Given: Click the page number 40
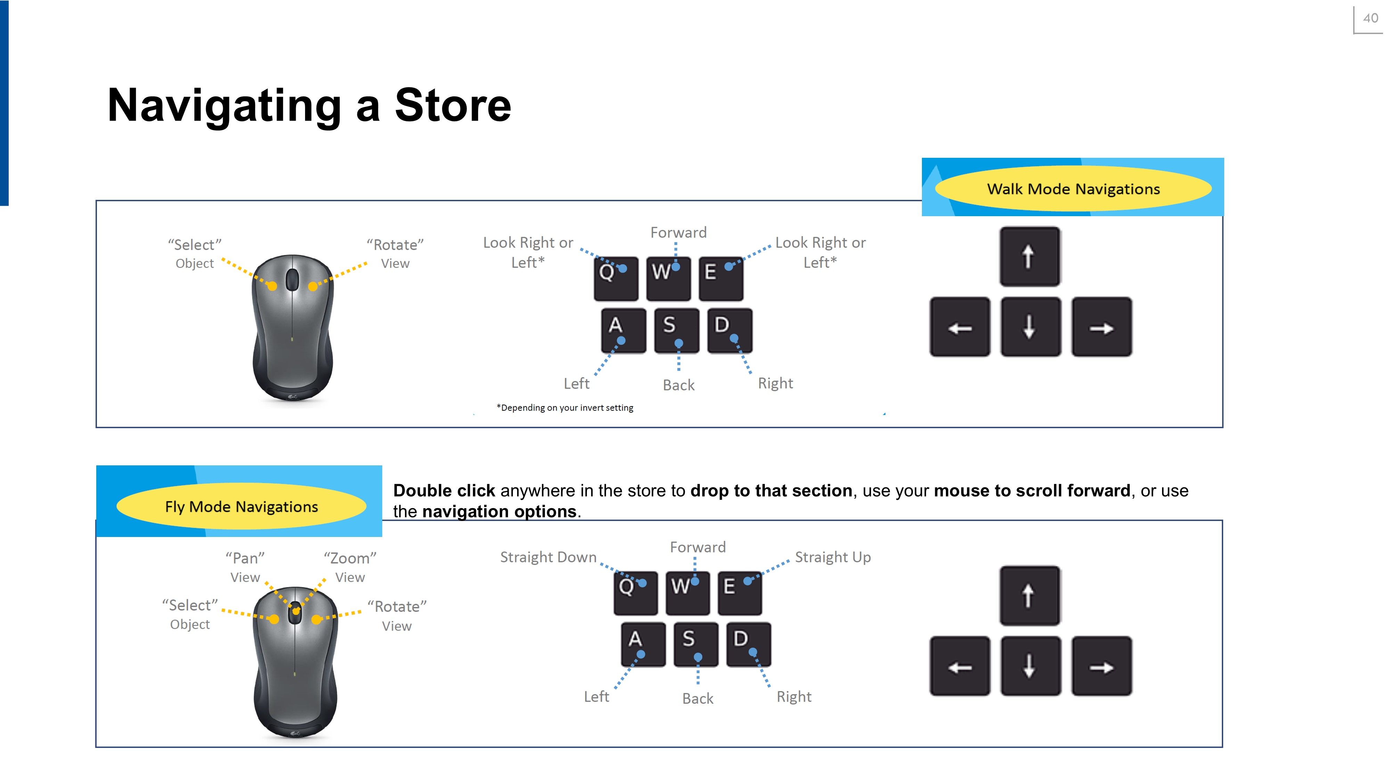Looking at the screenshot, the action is coord(1370,18).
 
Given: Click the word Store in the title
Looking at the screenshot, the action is coord(453,105).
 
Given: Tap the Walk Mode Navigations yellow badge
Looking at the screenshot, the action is coord(1073,188).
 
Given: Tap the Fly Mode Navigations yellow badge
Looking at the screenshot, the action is coord(241,506).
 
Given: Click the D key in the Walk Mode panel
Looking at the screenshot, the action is coord(729,330).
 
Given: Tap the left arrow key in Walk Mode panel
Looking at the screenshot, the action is coord(959,326).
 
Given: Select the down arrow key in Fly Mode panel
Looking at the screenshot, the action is coord(1030,666).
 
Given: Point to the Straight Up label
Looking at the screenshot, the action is coord(833,557).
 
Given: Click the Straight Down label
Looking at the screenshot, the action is coord(548,557).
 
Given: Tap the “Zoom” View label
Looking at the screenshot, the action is coord(350,567).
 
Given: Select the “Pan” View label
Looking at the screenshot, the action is coord(245,567).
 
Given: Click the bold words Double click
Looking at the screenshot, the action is coord(444,490).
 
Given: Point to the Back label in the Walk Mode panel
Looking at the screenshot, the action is coord(678,385).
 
